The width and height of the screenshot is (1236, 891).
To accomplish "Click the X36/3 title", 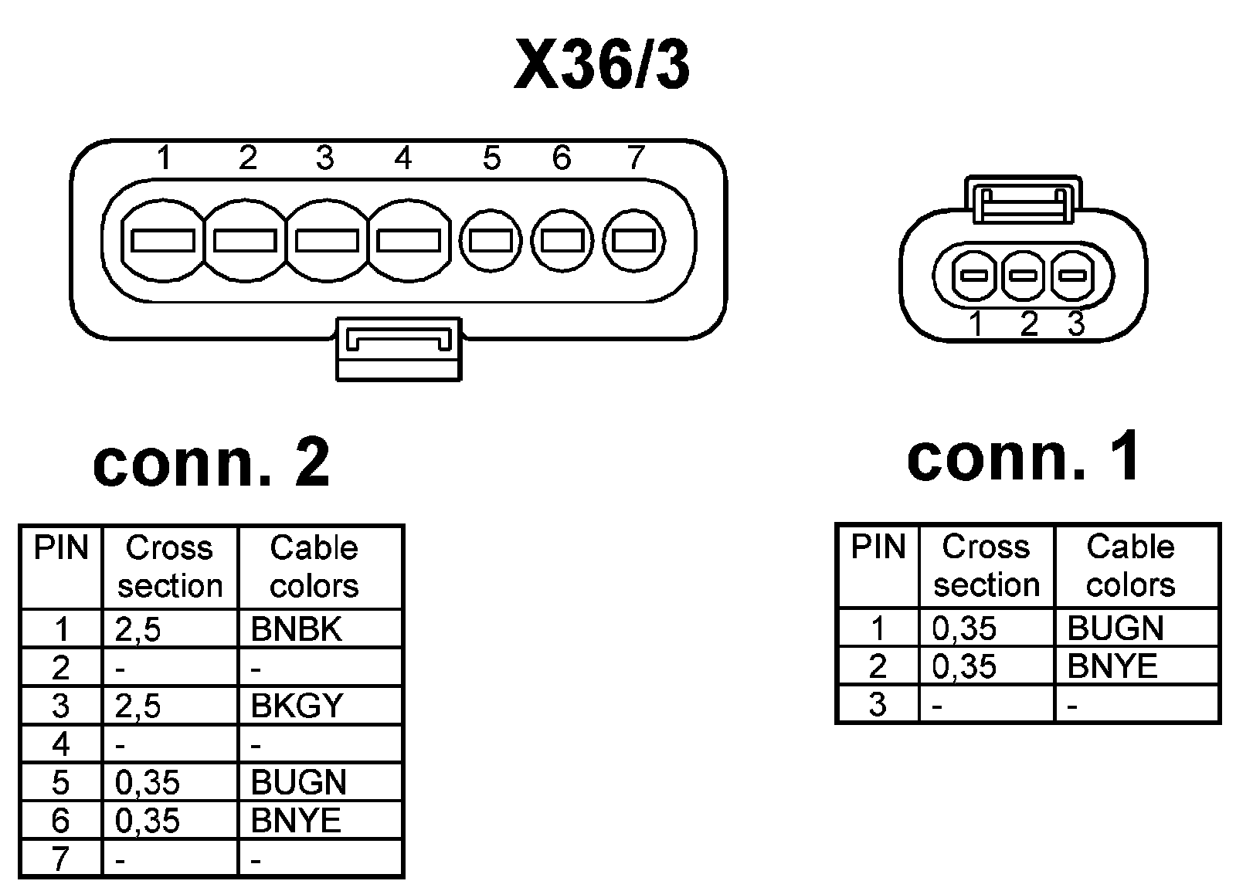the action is [602, 66].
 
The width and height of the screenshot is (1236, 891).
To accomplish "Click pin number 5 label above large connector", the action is [491, 158].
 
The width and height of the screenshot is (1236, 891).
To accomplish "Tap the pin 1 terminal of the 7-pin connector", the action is [163, 241].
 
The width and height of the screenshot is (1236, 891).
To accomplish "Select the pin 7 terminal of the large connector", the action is [634, 241].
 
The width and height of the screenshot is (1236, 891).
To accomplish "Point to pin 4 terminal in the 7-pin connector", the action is [409, 241].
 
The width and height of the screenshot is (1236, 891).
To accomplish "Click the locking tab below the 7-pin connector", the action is [399, 348].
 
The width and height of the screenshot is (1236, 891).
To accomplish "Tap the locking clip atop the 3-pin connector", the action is [1024, 200].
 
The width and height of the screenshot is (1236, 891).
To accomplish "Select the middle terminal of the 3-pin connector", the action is [1024, 276].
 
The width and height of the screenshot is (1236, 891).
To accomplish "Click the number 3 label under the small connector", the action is [1076, 324].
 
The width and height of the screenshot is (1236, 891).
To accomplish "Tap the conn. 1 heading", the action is [1023, 456].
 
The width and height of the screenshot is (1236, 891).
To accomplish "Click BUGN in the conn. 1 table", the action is [1115, 628].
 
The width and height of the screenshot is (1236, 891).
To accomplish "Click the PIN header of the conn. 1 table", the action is [878, 547].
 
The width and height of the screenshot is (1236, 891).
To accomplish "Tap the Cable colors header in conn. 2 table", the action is [314, 566].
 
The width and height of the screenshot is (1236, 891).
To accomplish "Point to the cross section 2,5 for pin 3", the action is [138, 706].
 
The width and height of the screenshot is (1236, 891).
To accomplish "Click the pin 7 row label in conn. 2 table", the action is [61, 859].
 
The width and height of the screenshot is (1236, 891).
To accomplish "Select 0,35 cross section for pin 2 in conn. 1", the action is [964, 666].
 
